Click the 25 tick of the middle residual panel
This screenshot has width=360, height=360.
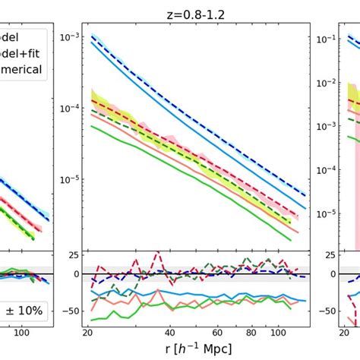click(x=70, y=254)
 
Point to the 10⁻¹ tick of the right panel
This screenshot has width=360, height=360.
click(x=327, y=37)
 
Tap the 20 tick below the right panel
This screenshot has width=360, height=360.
click(x=354, y=333)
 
